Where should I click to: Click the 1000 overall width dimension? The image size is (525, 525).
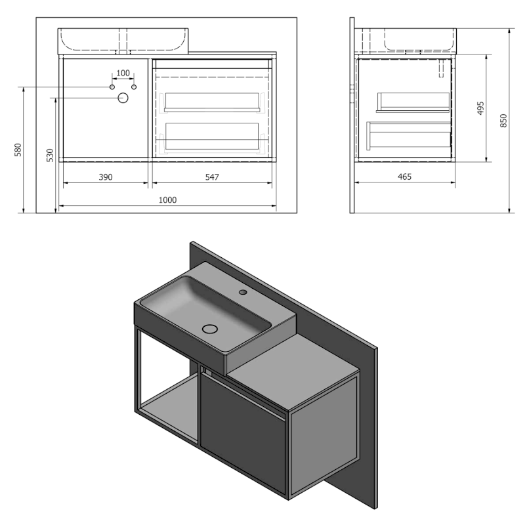pos(168,199)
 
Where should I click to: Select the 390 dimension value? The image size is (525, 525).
pos(106,177)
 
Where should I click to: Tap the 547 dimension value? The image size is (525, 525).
pos(211,177)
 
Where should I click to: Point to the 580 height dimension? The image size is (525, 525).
pos(18,150)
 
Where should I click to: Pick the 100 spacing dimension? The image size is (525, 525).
pos(123,73)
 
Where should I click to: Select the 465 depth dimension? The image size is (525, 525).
pos(404,177)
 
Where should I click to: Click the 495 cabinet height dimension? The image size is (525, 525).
pos(480,108)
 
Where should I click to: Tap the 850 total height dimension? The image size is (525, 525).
pos(504,121)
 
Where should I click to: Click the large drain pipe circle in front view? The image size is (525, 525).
pos(123,98)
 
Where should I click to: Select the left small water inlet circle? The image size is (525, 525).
pos(112,87)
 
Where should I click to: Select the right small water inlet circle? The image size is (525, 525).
pos(134,87)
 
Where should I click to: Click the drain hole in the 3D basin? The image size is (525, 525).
pos(211,328)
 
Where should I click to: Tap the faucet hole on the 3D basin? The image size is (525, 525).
pos(243,291)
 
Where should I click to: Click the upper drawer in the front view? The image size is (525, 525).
pos(212,101)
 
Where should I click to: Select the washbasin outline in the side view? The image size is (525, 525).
pos(419,39)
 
